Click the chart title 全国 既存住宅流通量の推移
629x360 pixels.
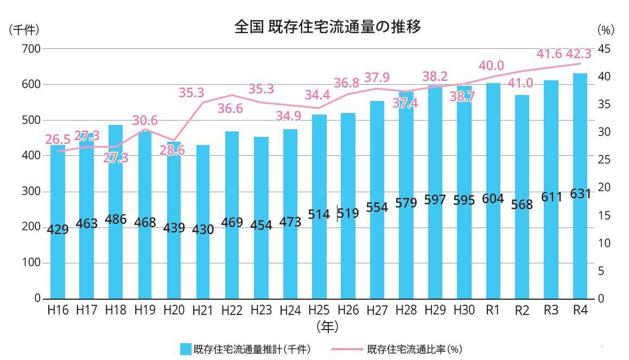coord(327,27)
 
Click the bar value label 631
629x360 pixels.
coord(581,194)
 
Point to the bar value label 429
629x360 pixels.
coord(58,230)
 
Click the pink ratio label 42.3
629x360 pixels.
coord(579,54)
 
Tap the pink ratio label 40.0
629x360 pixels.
coord(491,66)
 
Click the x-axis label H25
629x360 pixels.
coord(319,311)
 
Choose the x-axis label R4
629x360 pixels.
coord(580,311)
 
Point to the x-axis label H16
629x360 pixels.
coord(58,311)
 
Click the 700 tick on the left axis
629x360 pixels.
coord(31,49)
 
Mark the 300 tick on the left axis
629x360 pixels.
coord(31,192)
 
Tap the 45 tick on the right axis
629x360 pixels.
coord(604,49)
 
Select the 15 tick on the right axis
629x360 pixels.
coord(604,216)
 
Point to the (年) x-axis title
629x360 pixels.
coord(327,326)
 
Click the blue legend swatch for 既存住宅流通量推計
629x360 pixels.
coord(186,349)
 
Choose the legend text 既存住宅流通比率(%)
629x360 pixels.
coord(415,349)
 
